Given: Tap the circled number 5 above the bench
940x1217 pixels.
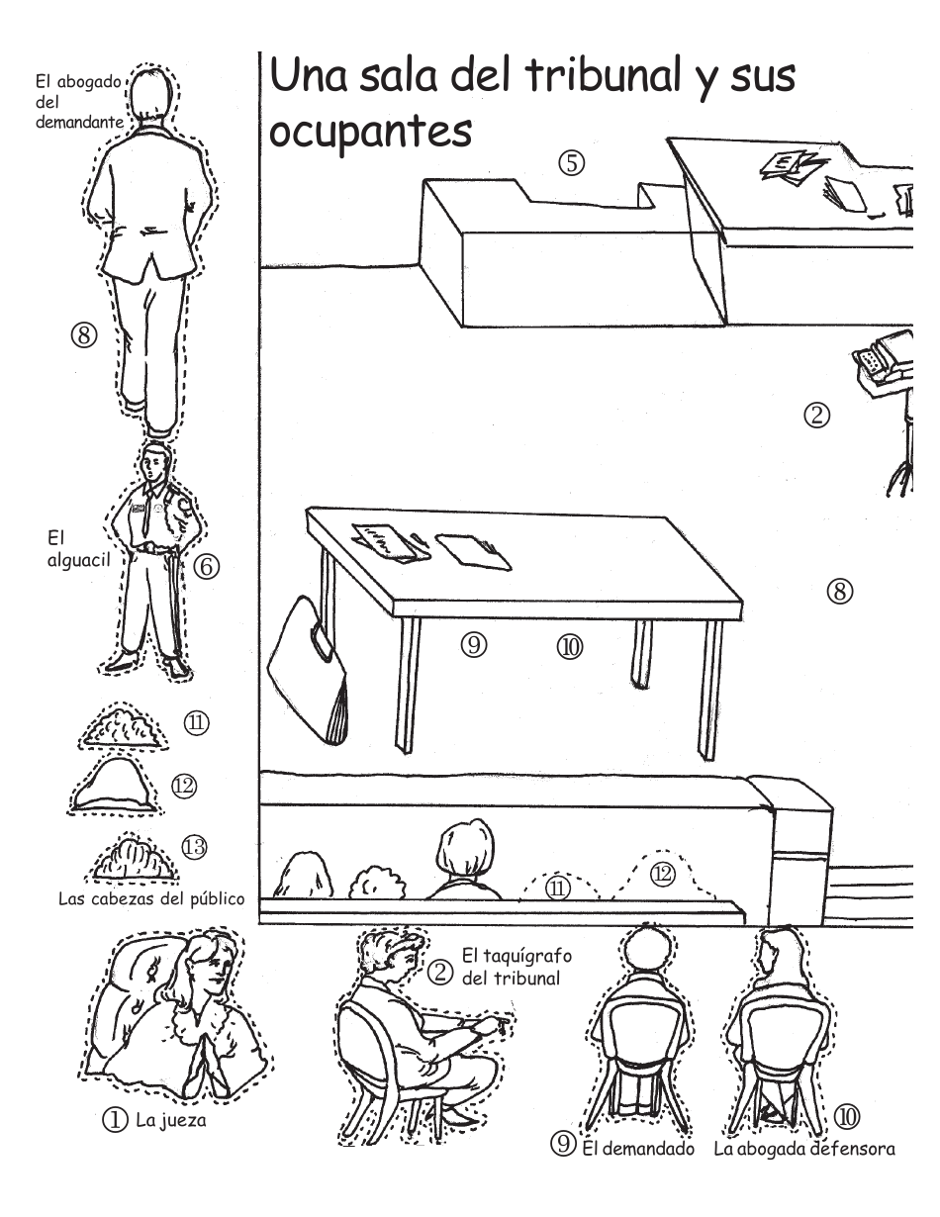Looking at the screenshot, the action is coord(571,163).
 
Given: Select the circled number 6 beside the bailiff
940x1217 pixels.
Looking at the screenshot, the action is coord(207,567).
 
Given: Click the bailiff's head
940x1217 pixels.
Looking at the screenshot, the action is coord(154,462).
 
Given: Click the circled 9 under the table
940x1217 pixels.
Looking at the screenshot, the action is coord(474,645).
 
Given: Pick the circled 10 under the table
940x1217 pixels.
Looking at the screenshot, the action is coord(570,647).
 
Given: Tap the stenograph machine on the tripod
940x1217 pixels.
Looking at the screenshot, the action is coord(886,358).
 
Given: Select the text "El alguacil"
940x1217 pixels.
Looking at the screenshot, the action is coord(78,549).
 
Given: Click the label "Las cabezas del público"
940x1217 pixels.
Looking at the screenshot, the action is coord(151,898).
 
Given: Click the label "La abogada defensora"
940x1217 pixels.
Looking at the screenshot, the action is coord(804,1150).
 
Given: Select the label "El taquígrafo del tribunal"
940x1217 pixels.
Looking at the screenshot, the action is coord(517,967).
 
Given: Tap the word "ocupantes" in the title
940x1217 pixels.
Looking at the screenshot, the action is coord(371,132).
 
